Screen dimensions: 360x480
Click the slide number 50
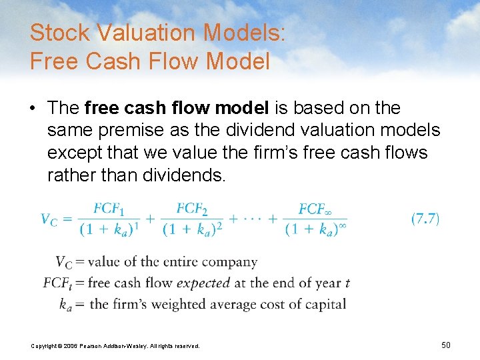[446, 345]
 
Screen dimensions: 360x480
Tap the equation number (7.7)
[425, 219]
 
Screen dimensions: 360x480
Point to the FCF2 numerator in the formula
[191, 209]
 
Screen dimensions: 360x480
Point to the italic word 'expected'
[203, 283]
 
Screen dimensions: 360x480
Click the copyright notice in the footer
[115, 345]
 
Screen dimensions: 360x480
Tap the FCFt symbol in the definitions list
[56, 283]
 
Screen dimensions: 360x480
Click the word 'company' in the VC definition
[226, 262]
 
